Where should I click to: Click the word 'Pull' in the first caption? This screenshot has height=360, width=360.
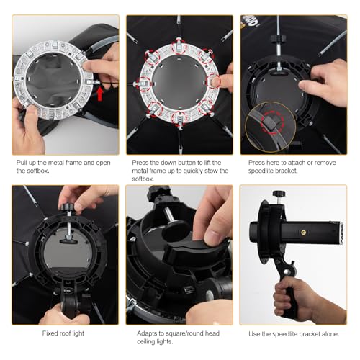(x=23, y=163)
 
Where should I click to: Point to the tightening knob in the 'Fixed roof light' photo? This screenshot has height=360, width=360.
(x=67, y=209)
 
